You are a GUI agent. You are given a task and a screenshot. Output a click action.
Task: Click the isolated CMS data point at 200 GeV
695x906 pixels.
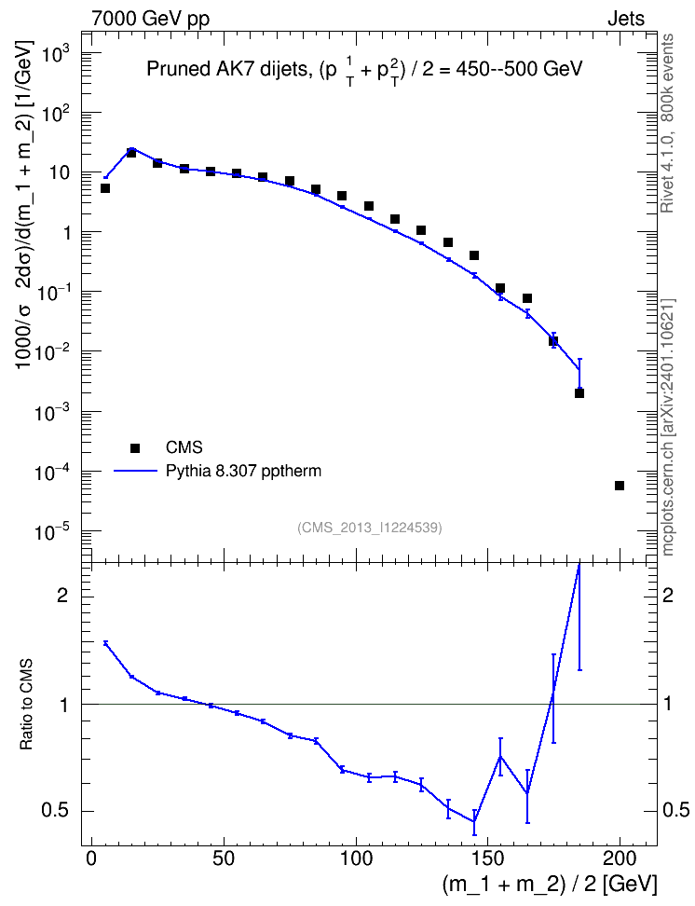pyautogui.click(x=620, y=486)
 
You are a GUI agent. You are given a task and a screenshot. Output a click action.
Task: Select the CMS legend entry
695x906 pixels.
pyautogui.click(x=167, y=447)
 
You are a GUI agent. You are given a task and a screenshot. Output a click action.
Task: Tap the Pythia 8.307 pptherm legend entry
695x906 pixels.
pyautogui.click(x=218, y=471)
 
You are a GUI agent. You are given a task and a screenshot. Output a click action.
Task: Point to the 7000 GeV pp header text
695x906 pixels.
pyautogui.click(x=150, y=19)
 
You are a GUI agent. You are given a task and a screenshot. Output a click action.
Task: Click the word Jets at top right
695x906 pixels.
pyautogui.click(x=626, y=19)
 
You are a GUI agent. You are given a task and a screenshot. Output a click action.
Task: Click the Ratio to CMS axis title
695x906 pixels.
pyautogui.click(x=26, y=705)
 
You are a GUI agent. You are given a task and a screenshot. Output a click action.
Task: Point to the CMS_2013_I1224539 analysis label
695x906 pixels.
pyautogui.click(x=370, y=528)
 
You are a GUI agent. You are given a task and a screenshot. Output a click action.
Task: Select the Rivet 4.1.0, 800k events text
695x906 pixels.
pyautogui.click(x=668, y=123)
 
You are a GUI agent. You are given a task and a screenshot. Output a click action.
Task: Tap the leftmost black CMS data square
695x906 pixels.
pyautogui.click(x=105, y=188)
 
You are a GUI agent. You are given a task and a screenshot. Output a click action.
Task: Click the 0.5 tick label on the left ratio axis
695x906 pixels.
pyautogui.click(x=55, y=811)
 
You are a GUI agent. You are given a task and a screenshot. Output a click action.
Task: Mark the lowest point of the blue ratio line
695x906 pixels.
pyautogui.click(x=474, y=821)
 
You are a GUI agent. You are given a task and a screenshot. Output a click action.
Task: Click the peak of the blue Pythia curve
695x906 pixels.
pyautogui.click(x=131, y=148)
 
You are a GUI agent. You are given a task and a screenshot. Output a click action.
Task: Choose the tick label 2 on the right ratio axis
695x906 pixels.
pyautogui.click(x=668, y=595)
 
